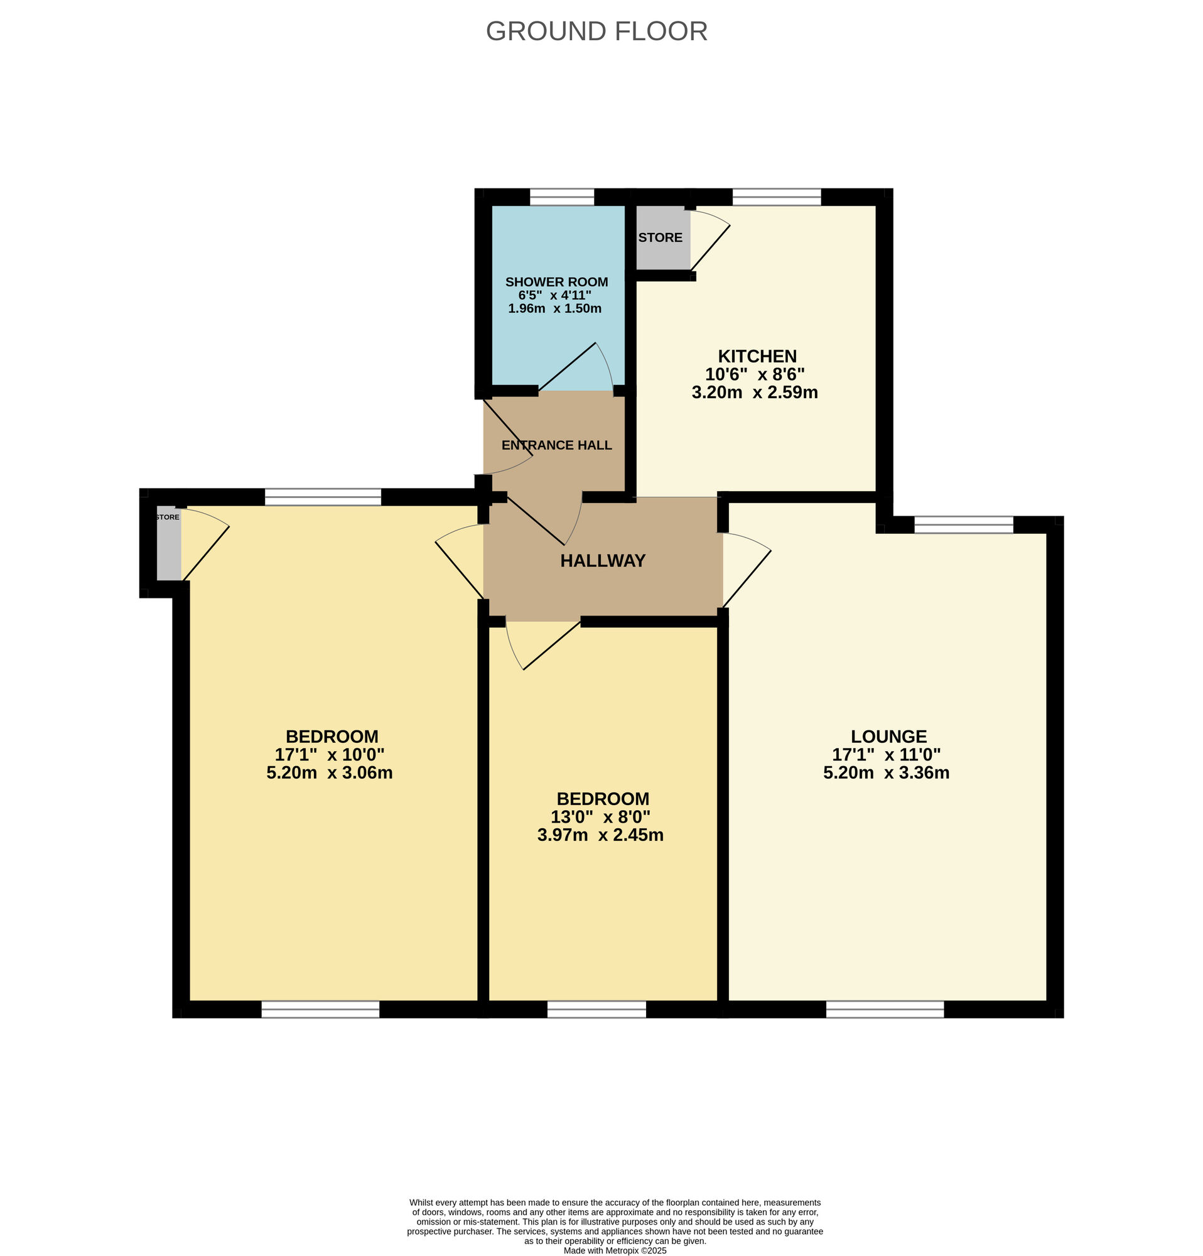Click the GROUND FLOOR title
(596, 31)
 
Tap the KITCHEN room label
(757, 356)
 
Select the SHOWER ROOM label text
(556, 282)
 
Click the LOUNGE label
(888, 736)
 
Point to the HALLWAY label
(602, 561)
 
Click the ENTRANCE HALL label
(556, 445)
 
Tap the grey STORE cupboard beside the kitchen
(661, 238)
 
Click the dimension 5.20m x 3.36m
(886, 772)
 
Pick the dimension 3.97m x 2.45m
(600, 835)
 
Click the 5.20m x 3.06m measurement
(329, 772)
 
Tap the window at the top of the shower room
(562, 197)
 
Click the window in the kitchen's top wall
(776, 197)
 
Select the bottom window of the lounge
(884, 1010)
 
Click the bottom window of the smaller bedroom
(596, 1010)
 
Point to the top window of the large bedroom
(322, 497)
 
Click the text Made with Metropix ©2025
(614, 1250)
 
